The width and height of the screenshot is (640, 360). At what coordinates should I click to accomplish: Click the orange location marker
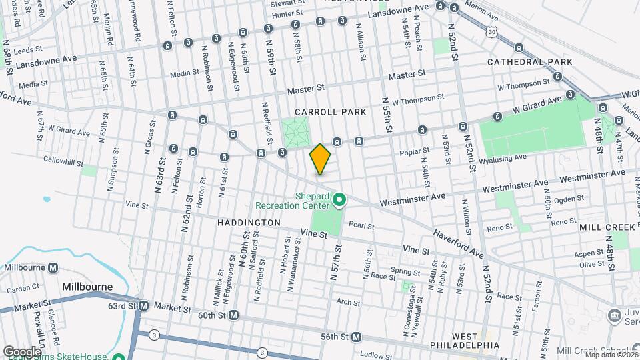click(320, 159)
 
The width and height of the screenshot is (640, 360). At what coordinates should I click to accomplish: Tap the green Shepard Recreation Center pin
click(339, 199)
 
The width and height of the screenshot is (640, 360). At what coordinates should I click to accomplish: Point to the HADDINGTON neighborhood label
click(248, 222)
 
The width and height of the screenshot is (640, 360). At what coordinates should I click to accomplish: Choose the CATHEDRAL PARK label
click(530, 62)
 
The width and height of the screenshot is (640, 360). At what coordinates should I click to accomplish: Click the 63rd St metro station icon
click(143, 306)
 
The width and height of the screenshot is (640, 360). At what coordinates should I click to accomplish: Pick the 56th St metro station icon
click(356, 337)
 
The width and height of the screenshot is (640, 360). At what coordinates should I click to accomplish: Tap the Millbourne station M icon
click(53, 267)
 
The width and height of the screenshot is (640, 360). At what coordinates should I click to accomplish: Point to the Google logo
click(22, 351)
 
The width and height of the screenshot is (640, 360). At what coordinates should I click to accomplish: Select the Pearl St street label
click(361, 227)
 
